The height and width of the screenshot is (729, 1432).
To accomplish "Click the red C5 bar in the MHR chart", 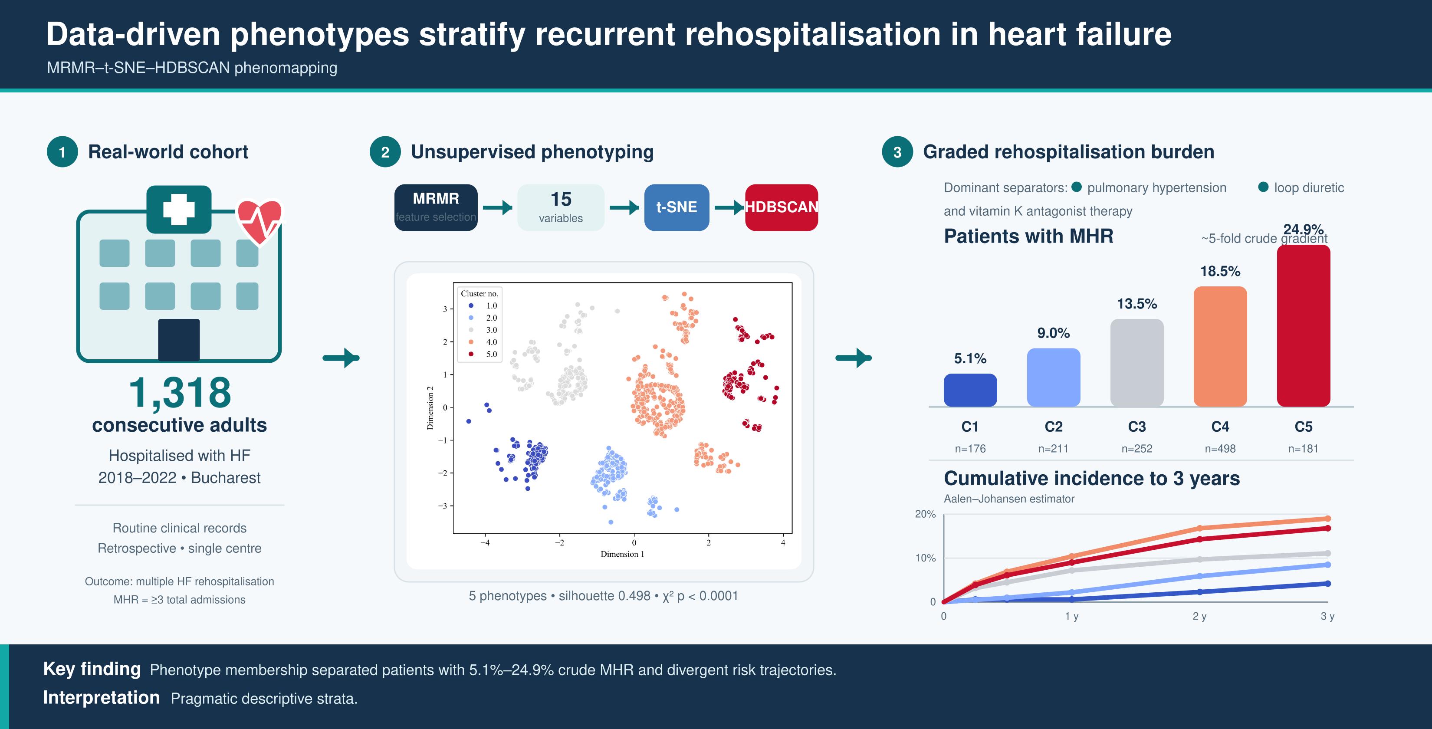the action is click(x=1303, y=326).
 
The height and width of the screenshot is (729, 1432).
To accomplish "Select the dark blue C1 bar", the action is click(x=970, y=391).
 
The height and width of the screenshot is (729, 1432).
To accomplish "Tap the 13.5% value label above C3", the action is click(x=1137, y=304).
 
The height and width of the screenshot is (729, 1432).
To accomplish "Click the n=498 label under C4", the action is click(x=1220, y=449).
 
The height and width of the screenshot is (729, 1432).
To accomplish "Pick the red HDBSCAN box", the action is click(x=781, y=207).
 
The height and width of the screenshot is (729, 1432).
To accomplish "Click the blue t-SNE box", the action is click(x=677, y=207).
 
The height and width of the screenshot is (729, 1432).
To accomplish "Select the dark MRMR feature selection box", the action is click(x=436, y=207).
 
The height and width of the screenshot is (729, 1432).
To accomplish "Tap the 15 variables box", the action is click(x=561, y=207).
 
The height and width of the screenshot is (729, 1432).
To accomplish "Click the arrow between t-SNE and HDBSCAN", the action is click(x=729, y=208).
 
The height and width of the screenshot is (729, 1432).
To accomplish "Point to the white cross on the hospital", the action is click(x=178, y=209).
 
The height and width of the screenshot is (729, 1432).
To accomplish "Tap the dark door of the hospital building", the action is click(x=178, y=340).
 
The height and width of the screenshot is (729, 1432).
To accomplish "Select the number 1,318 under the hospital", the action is click(x=180, y=393).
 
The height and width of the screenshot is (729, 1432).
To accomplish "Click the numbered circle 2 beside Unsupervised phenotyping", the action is click(x=385, y=152).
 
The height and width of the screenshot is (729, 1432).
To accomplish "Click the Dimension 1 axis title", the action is click(x=622, y=554).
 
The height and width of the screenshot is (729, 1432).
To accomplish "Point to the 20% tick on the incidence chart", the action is click(x=925, y=514).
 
